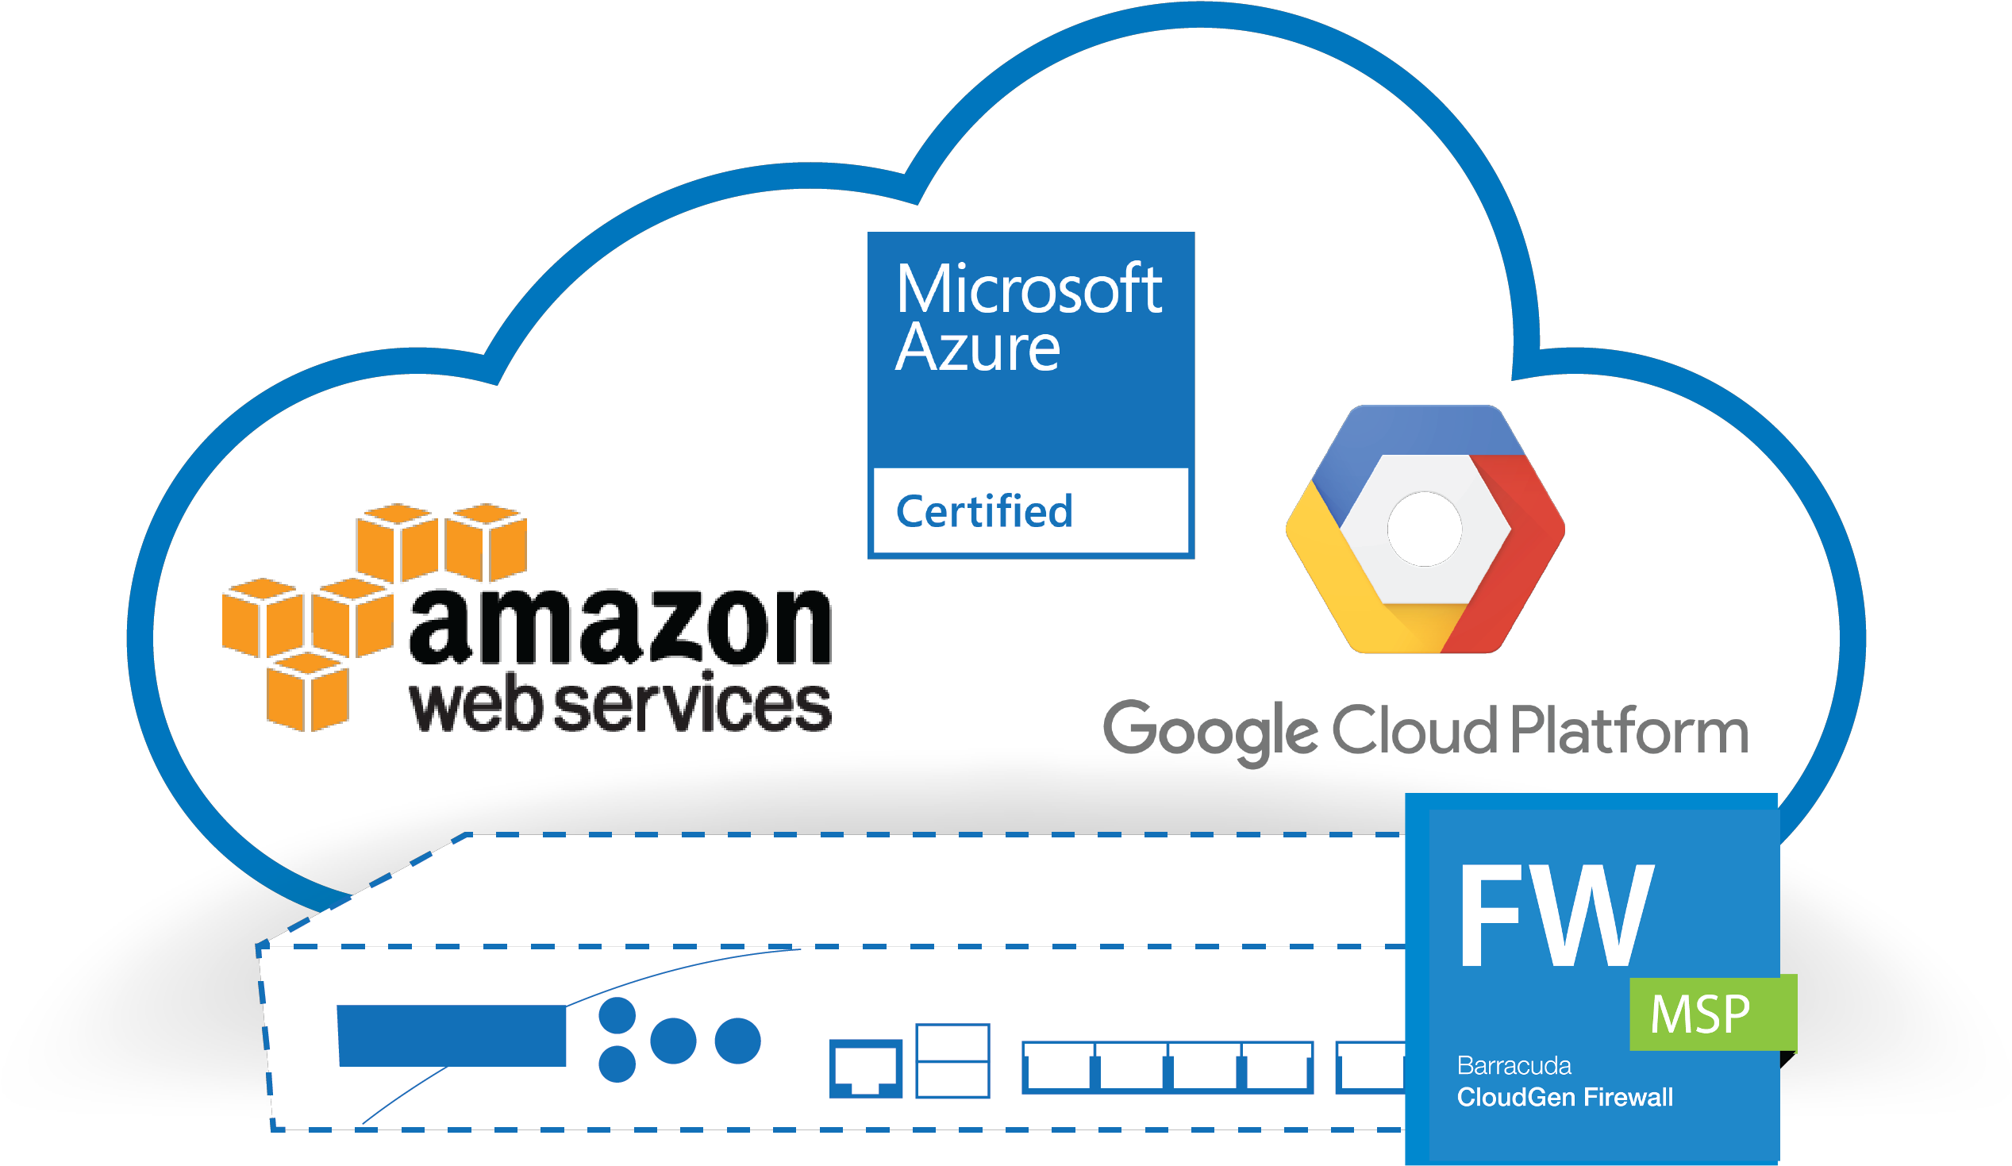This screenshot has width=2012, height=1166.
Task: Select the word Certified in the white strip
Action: [x=984, y=511]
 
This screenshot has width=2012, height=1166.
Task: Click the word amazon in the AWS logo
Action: [x=621, y=626]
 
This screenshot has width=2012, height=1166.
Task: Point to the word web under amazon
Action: [x=478, y=705]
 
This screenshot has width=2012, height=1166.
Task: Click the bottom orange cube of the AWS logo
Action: [x=307, y=691]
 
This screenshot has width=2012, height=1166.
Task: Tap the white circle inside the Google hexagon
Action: [x=1425, y=529]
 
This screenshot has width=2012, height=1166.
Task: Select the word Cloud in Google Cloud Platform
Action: [x=1415, y=729]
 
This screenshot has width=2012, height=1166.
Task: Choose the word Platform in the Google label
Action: [x=1629, y=729]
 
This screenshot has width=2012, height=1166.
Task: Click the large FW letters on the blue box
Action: [x=1556, y=915]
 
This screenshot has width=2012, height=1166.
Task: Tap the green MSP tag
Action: [x=1714, y=1013]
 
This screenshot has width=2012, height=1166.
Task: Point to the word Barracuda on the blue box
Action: [x=1514, y=1065]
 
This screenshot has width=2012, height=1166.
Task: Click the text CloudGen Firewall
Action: [x=1565, y=1097]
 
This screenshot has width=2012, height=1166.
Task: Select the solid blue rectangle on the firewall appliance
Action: [x=452, y=1036]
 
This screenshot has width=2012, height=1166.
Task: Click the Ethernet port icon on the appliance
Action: [x=866, y=1068]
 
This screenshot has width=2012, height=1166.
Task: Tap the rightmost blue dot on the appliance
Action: [x=738, y=1041]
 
